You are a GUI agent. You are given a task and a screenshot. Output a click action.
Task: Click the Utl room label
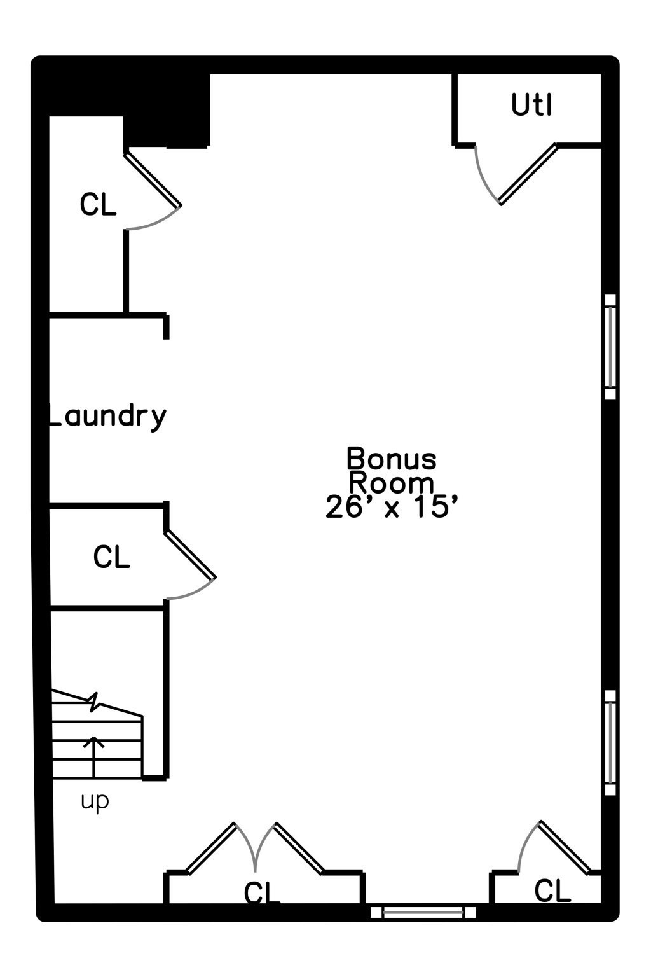click(x=531, y=105)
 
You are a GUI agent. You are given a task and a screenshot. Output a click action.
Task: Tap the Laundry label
click(x=107, y=417)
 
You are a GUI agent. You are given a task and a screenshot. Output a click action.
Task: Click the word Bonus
click(x=391, y=458)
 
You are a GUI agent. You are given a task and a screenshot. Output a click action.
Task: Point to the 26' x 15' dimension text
click(x=391, y=507)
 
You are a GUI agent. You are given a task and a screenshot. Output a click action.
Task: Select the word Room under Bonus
click(x=392, y=483)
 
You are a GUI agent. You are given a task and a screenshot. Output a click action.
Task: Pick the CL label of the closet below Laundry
click(x=112, y=557)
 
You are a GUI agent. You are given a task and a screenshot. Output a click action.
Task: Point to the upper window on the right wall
click(x=610, y=347)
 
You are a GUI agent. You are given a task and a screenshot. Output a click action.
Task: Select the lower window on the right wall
click(x=610, y=743)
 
